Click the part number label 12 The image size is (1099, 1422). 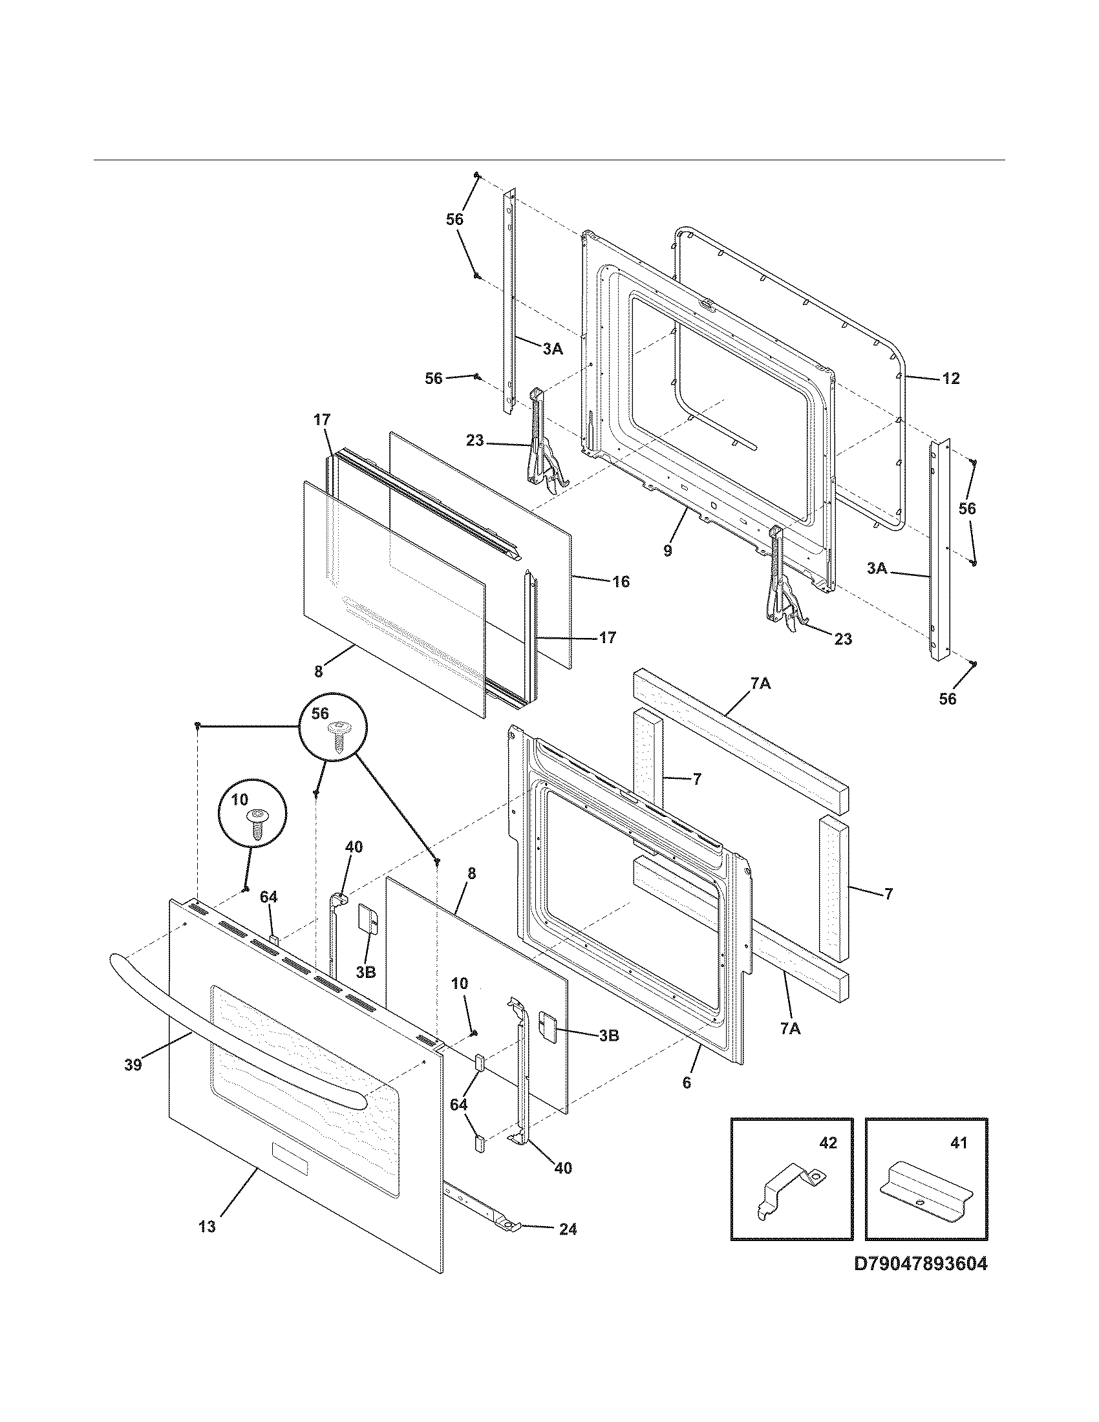tap(950, 378)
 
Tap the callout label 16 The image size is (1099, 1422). tap(621, 582)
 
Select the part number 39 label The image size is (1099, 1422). tap(133, 1066)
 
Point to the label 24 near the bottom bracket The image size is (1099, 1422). tap(568, 1229)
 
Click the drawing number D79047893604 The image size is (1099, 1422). tap(921, 1282)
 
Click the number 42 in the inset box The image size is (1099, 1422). tap(827, 1143)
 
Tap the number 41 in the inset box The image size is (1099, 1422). tap(958, 1143)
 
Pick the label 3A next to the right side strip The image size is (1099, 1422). tap(877, 568)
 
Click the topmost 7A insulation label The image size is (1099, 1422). tap(761, 684)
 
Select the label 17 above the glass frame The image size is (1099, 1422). tap(322, 420)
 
